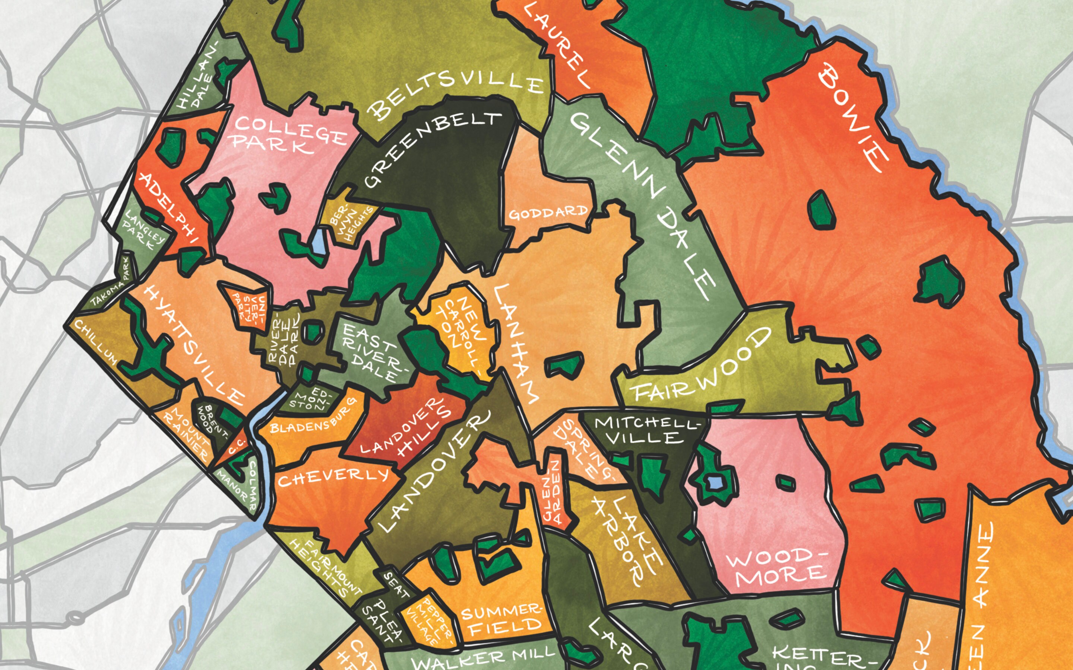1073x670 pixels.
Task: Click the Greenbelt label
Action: (432, 149)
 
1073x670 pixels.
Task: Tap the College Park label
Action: (288, 135)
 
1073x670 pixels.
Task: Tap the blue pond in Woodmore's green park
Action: (715, 482)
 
